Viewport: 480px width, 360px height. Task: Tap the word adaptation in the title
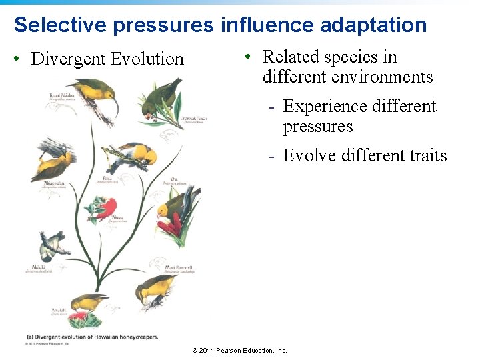[373, 25]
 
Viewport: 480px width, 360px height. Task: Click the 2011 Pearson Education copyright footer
[239, 350]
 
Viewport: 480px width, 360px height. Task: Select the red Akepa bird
[103, 209]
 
